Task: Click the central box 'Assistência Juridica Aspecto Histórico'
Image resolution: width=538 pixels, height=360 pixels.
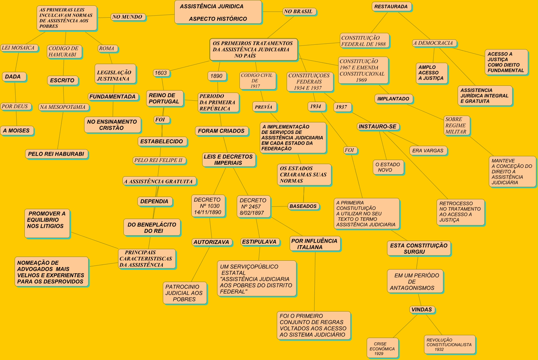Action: tap(218, 12)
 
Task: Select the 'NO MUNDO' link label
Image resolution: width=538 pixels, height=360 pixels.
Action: tap(128, 17)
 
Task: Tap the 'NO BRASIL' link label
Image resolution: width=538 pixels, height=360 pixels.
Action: tap(299, 12)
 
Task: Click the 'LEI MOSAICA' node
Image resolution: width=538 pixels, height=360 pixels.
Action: tap(18, 48)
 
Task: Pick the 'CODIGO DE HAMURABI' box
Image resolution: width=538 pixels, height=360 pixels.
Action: tap(64, 52)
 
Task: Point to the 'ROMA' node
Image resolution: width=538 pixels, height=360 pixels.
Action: tap(107, 48)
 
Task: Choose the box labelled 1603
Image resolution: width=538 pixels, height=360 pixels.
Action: tap(161, 73)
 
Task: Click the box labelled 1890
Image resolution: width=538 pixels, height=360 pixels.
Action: tap(216, 76)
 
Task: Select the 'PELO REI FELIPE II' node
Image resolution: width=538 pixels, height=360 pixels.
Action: tap(158, 160)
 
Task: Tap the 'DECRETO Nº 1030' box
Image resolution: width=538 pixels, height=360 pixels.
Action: tap(208, 206)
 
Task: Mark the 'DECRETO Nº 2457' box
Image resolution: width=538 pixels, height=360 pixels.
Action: tap(253, 206)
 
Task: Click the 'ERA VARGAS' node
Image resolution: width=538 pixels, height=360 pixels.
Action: tap(428, 151)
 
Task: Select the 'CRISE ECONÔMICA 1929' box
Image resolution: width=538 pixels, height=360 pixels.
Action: tap(382, 348)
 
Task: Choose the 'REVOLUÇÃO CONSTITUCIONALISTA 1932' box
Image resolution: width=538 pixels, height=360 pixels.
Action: tap(449, 344)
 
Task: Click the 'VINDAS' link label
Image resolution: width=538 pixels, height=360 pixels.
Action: tap(422, 309)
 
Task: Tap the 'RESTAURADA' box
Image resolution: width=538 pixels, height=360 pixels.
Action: tap(391, 6)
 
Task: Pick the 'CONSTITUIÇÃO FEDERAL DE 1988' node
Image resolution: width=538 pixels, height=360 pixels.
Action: tap(364, 41)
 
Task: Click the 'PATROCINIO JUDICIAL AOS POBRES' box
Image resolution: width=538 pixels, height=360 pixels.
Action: tap(184, 293)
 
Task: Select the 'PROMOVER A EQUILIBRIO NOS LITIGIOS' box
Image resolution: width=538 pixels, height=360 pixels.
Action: tap(46, 223)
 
